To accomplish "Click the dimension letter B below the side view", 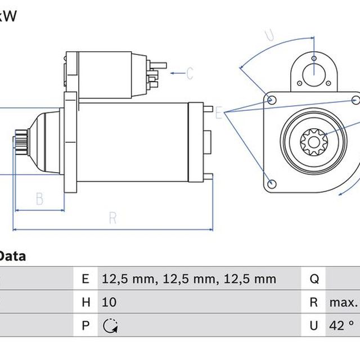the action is click(x=40, y=199).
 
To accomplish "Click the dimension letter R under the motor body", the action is click(x=112, y=218).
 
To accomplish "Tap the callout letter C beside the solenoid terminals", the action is click(x=190, y=73).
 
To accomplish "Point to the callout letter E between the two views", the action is click(x=219, y=112).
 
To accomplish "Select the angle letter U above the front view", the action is click(x=269, y=35).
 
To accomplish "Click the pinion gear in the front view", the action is click(x=314, y=142).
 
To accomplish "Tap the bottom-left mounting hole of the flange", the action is click(x=272, y=183).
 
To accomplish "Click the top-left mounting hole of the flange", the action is click(x=271, y=100).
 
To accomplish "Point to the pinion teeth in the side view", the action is click(x=21, y=140).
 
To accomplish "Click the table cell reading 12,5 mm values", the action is click(x=189, y=279).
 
